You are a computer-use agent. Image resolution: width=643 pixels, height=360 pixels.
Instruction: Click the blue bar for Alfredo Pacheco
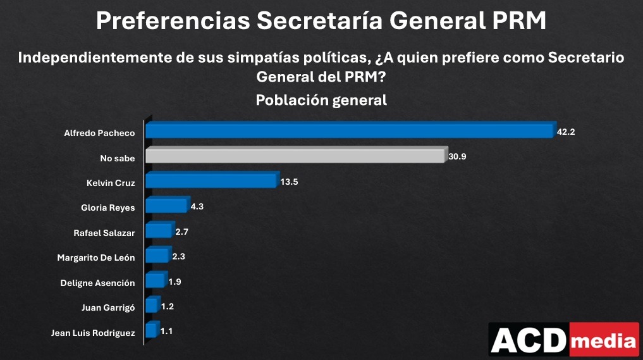coord(349,131)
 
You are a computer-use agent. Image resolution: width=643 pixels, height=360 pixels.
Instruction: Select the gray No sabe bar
coord(294,156)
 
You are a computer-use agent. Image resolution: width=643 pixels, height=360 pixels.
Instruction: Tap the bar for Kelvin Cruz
coord(211,182)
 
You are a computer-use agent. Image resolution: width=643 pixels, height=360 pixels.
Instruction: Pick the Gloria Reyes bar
coord(166,206)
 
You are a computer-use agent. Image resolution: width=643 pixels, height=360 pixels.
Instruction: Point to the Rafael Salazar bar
coord(158,231)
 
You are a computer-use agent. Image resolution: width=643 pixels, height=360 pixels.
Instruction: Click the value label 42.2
coord(566,132)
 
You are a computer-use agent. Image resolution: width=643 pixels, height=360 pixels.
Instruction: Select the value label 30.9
coord(457,156)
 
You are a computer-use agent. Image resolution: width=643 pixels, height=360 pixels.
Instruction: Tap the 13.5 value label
coord(289,182)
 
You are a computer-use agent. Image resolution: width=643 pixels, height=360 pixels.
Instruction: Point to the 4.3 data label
coord(198,206)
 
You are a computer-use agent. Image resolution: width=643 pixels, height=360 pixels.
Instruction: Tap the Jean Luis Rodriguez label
coord(93,333)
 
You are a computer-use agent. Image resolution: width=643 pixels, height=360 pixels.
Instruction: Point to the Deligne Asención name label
coord(97,283)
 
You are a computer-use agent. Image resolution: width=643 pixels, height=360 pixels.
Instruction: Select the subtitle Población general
coord(321,101)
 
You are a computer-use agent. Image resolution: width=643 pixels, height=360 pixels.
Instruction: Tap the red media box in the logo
coord(604,341)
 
